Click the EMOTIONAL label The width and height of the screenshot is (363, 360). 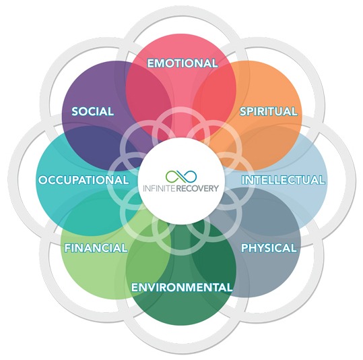click(183, 63)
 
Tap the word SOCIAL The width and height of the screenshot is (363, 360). click(93, 111)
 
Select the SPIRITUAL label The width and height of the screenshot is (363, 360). click(269, 111)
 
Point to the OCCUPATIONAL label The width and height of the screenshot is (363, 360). click(84, 180)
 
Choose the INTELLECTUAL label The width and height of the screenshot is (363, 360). click(283, 180)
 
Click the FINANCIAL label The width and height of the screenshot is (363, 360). click(96, 248)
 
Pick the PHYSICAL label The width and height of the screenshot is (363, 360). click(269, 248)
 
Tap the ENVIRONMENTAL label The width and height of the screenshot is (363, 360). click(182, 287)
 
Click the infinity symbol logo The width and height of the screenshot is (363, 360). click(181, 177)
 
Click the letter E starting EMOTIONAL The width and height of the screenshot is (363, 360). click(151, 63)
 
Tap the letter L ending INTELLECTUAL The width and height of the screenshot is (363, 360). click(321, 180)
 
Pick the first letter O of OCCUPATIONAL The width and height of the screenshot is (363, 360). click(44, 180)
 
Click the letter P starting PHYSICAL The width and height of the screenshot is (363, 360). click(245, 248)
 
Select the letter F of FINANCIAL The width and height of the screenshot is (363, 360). click(68, 248)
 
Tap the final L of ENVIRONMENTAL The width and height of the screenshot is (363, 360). click(229, 287)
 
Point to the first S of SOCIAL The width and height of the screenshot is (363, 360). click(75, 111)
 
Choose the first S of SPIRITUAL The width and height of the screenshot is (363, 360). click(244, 111)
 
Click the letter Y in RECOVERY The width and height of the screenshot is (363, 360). click(216, 188)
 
